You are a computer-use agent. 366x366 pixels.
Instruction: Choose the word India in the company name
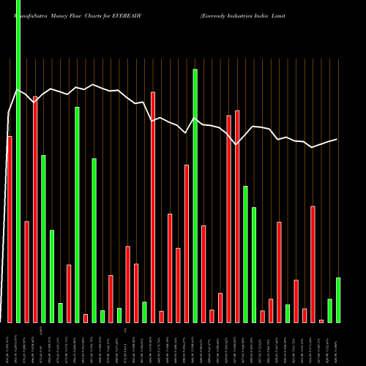coord(286,15)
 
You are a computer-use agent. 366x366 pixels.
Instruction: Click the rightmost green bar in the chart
coord(338,300)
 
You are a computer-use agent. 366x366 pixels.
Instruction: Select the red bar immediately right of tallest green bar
coord(26,272)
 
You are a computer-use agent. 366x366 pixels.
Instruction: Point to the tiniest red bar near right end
coord(321,321)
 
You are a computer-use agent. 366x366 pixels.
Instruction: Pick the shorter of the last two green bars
coord(330,310)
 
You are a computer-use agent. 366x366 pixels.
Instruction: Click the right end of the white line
coord(337,139)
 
